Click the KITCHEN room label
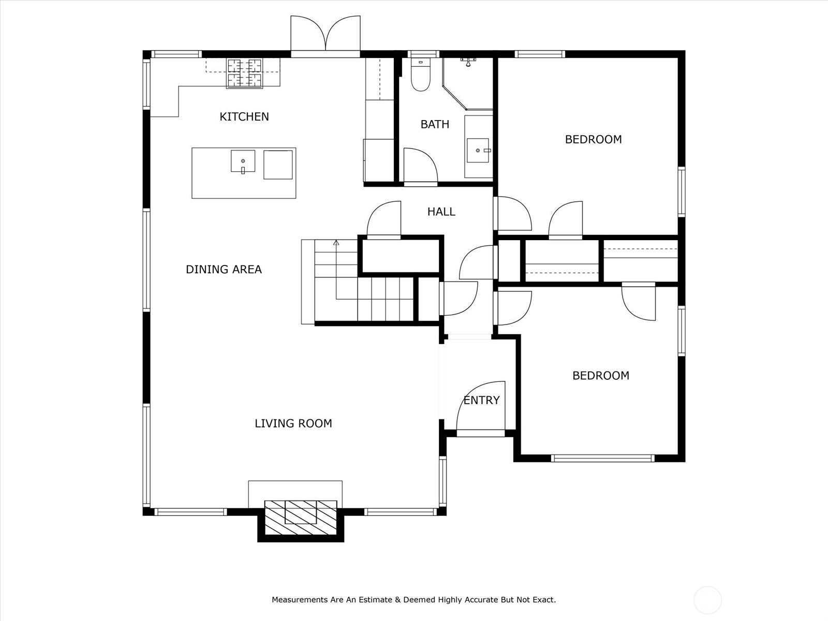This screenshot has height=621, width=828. pos(244,116)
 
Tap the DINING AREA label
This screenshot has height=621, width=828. pos(224,269)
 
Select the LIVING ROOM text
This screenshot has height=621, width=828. pos(293,423)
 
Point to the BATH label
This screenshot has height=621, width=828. pos(435,124)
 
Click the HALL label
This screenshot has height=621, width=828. pos(441,212)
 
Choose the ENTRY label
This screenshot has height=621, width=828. pos(481,400)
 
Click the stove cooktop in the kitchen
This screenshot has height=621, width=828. pos(244,73)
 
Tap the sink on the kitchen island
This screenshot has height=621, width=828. pos(243,161)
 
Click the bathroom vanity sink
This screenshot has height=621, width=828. pos(478,151)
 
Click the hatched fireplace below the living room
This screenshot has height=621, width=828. pos(300,517)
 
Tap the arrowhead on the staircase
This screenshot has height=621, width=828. pos(336,243)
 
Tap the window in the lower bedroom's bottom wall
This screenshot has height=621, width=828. pos(603,458)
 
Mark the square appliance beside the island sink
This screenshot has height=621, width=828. pos(278,165)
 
